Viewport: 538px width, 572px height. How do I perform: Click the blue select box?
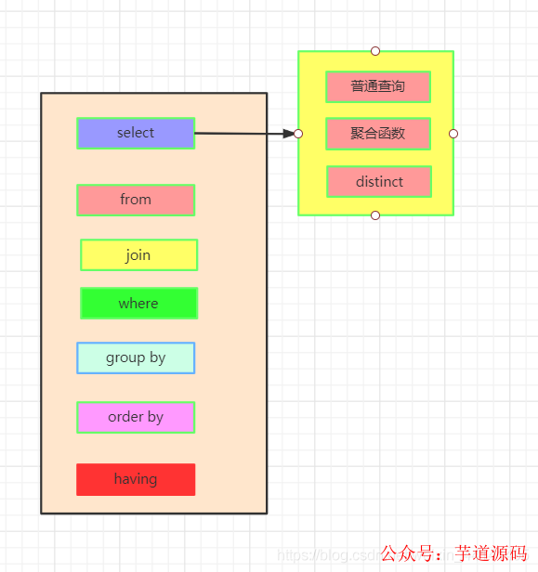pos(136,133)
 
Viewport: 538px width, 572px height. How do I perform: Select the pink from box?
pos(136,200)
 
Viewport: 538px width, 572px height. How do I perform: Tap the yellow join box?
pos(138,255)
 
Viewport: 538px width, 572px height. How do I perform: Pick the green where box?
pos(138,304)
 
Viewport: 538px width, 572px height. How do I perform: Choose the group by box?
pos(136,357)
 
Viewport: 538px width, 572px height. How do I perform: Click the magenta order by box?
pos(136,417)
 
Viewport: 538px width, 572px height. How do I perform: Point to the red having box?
pos(136,479)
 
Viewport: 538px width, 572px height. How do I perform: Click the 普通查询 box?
pos(378,86)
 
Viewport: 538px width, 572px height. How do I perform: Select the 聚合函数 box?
pos(378,134)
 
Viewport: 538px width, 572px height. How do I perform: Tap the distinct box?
pos(379,182)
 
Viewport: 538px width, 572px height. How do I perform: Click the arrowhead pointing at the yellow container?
pos(288,134)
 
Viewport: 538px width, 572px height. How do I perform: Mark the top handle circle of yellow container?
pos(375,51)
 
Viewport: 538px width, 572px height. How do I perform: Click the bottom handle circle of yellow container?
pos(375,215)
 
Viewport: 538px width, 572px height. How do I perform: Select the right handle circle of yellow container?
pos(453,134)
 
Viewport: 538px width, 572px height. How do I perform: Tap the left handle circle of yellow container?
pos(298,134)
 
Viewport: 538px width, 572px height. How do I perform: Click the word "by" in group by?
pos(157,357)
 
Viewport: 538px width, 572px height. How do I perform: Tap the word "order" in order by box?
pos(125,417)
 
